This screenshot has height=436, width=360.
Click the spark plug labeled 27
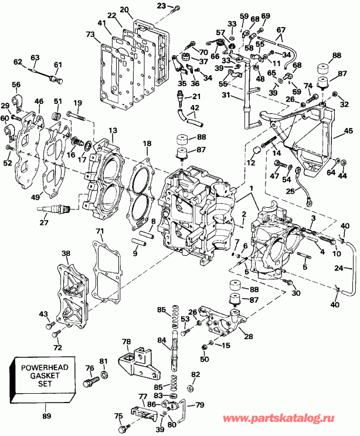tap(55, 208)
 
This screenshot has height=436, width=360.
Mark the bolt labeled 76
tap(91, 383)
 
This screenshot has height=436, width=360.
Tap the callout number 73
tap(90, 35)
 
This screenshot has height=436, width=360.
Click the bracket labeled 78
tap(138, 361)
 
